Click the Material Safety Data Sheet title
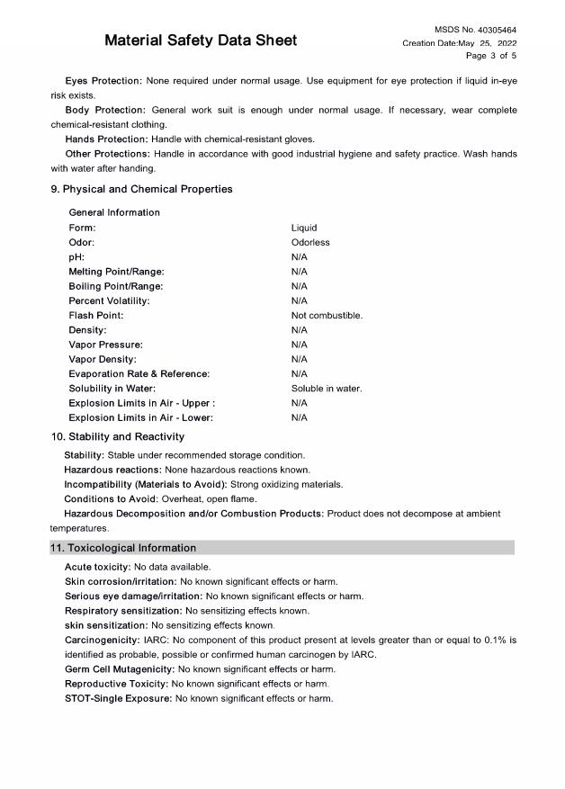click(200, 40)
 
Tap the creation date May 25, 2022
click(459, 43)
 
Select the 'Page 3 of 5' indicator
click(490, 56)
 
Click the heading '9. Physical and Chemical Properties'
click(141, 190)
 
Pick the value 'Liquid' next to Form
click(304, 228)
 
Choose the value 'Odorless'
click(310, 242)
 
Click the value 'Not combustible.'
click(327, 316)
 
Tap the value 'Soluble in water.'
click(327, 389)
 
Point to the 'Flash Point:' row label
click(96, 316)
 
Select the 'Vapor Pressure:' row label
click(105, 345)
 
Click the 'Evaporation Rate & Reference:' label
click(139, 373)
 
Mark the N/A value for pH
click(300, 257)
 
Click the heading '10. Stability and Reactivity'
click(117, 436)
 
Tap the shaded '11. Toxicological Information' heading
click(122, 548)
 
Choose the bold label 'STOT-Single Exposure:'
click(118, 698)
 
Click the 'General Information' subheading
click(114, 212)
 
